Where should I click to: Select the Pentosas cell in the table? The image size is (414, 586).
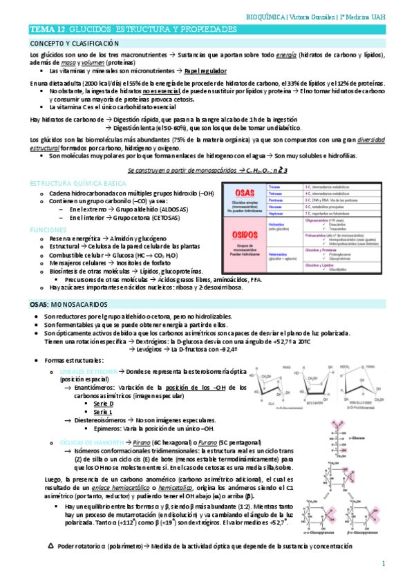(274, 200)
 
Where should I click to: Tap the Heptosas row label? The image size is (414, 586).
(274, 214)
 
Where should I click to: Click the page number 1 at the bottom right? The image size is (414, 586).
(383, 565)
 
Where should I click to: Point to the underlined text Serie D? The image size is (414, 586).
(104, 403)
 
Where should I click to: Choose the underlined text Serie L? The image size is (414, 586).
(103, 412)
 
